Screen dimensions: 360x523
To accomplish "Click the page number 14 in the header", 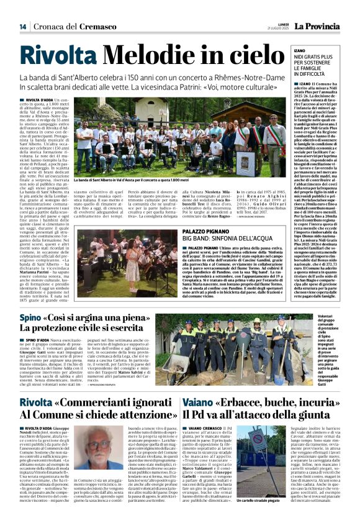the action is (22, 26).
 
